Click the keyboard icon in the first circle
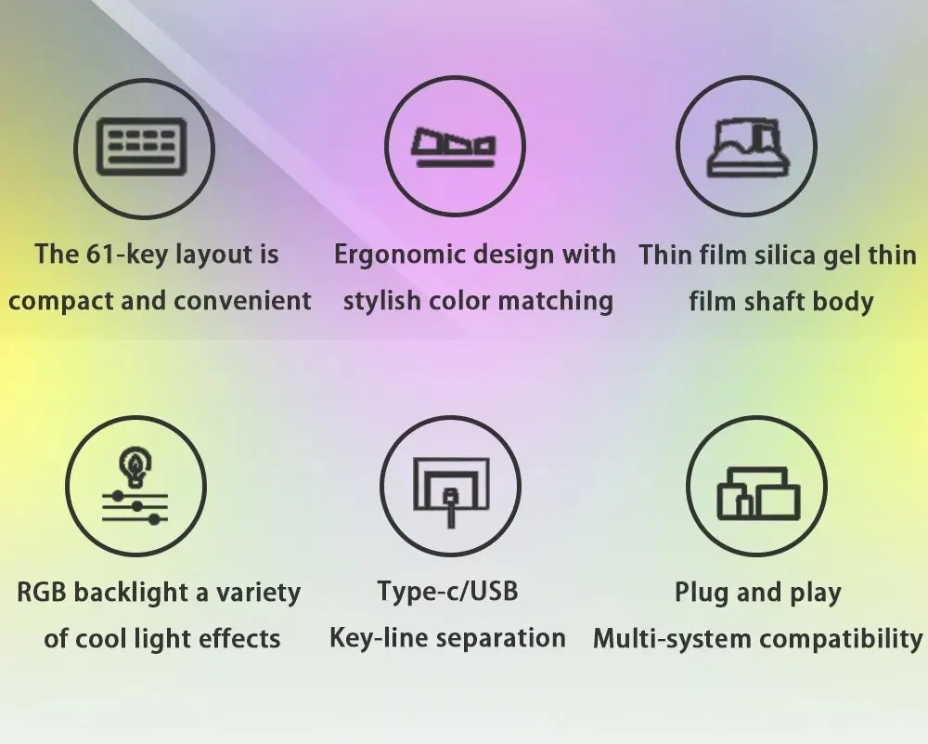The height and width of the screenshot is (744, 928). click(x=141, y=147)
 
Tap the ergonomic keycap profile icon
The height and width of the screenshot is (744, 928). click(x=454, y=147)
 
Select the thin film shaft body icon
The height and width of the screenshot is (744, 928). click(x=748, y=147)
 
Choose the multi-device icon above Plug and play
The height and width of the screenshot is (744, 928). click(x=758, y=493)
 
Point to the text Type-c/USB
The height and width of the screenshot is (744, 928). click(x=447, y=592)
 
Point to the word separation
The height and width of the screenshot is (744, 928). click(x=501, y=638)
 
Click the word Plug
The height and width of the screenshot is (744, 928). click(x=699, y=593)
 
